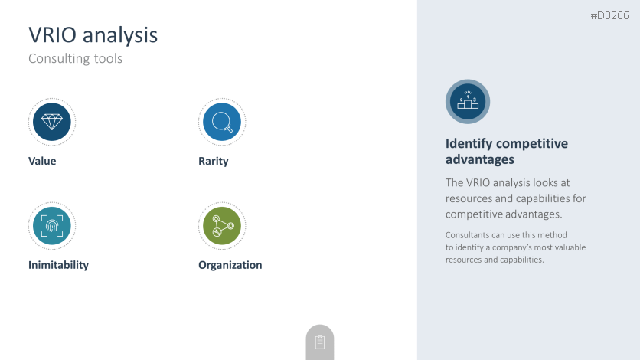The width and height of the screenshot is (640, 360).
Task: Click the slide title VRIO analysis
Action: pyautogui.click(x=93, y=35)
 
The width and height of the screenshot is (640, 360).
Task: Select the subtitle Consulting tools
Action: pyautogui.click(x=76, y=58)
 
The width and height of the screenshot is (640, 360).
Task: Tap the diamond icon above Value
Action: pyautogui.click(x=52, y=122)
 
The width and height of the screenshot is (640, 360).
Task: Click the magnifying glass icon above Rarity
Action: pyautogui.click(x=222, y=122)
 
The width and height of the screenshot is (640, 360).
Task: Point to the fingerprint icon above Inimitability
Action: pyautogui.click(x=52, y=226)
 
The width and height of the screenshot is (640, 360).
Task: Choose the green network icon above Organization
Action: pyautogui.click(x=222, y=226)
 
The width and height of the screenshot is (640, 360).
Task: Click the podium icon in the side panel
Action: pyautogui.click(x=468, y=102)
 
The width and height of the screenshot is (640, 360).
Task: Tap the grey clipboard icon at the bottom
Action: pyautogui.click(x=320, y=342)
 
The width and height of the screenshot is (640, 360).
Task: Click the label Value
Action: pyautogui.click(x=42, y=161)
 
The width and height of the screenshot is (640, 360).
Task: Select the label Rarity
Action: pyautogui.click(x=214, y=161)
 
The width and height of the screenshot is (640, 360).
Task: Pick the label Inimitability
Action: pyautogui.click(x=58, y=265)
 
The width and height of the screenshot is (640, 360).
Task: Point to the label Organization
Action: pyautogui.click(x=230, y=265)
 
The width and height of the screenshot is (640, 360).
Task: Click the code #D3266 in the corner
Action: pyautogui.click(x=610, y=15)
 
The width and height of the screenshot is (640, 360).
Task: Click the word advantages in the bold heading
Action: pyautogui.click(x=479, y=159)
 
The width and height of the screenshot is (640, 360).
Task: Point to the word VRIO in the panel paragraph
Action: pyautogui.click(x=478, y=182)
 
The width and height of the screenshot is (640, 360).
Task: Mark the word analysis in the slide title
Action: pyautogui.click(x=120, y=36)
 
